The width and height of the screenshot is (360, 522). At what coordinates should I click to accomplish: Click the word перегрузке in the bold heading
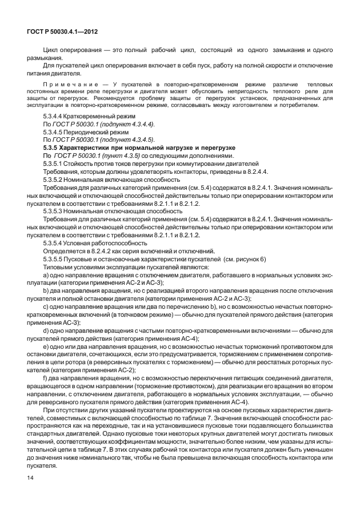pos(208,148)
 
